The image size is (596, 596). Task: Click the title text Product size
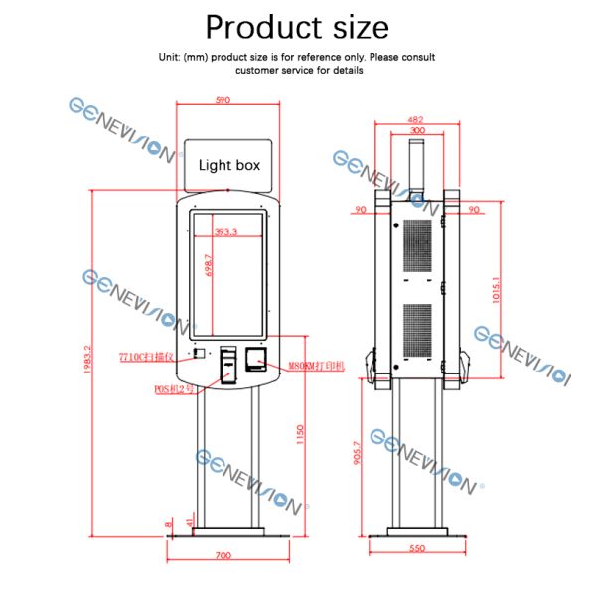(x=297, y=26)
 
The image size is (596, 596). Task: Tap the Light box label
(x=228, y=165)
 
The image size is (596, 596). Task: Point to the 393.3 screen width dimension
(x=226, y=232)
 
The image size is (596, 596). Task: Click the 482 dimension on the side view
(x=416, y=120)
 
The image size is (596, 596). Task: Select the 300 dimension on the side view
(x=416, y=130)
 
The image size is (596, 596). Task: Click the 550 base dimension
(x=416, y=548)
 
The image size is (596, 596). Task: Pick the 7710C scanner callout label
(x=146, y=355)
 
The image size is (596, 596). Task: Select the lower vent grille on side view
(x=418, y=329)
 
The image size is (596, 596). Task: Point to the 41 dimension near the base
(x=189, y=521)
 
